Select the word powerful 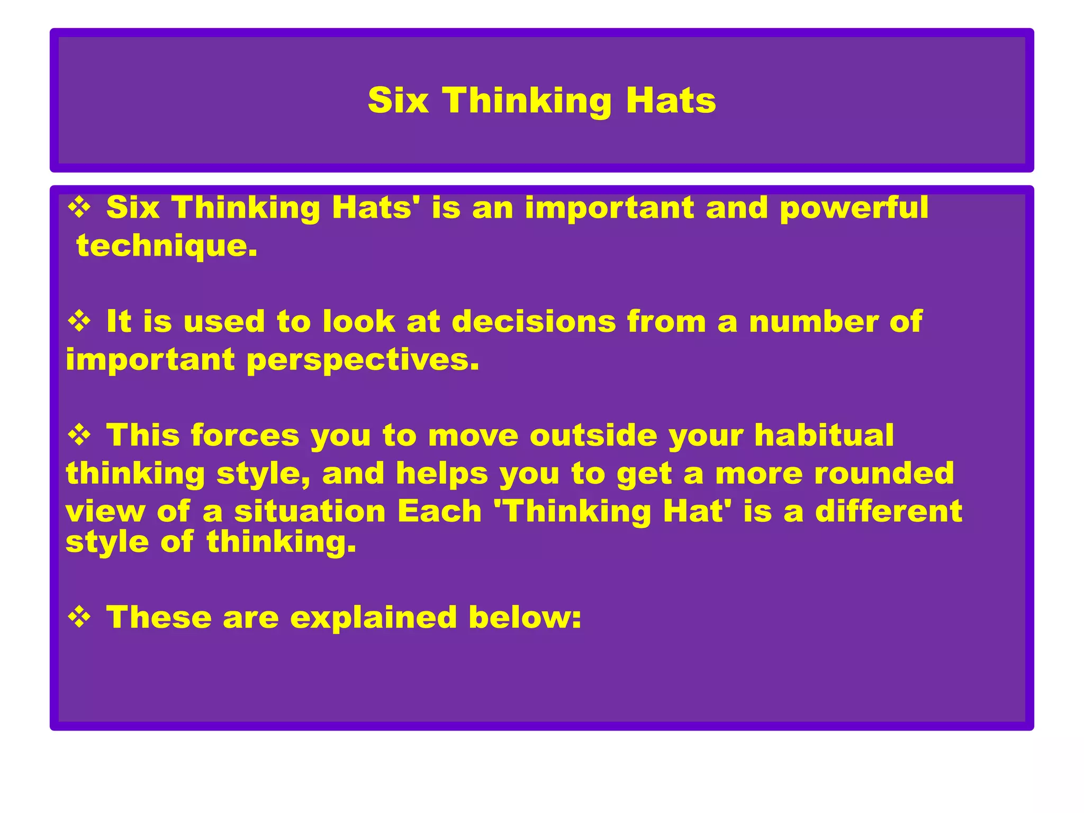[x=854, y=208]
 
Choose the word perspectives [x=363, y=360]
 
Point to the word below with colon [x=525, y=618]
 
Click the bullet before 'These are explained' [x=79, y=617]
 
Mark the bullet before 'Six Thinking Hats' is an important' [x=79, y=207]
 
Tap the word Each [x=439, y=512]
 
